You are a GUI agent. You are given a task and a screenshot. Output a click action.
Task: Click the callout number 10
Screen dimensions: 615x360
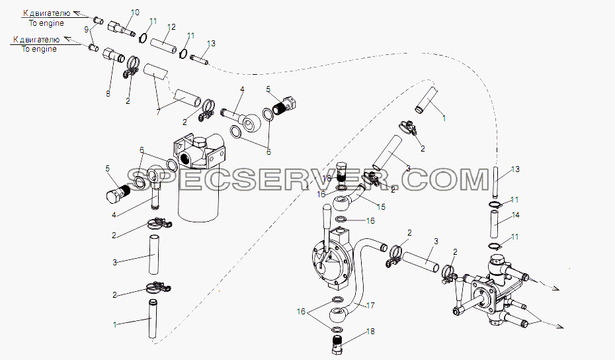134,13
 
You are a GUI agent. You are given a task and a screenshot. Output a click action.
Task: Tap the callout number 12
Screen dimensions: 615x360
171,27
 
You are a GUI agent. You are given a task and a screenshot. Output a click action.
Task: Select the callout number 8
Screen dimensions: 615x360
108,94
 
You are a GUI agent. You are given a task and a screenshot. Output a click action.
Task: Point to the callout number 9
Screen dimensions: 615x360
86,28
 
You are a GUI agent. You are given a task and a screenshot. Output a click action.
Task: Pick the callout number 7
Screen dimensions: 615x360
158,112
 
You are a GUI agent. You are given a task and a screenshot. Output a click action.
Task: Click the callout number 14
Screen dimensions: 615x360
515,215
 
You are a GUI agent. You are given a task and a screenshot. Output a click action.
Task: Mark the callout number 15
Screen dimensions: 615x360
381,207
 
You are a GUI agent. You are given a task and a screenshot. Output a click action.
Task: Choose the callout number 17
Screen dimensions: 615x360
370,306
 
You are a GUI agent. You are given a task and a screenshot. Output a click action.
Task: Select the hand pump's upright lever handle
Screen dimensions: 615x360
326,218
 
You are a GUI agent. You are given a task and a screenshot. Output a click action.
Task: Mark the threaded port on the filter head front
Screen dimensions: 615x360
184,160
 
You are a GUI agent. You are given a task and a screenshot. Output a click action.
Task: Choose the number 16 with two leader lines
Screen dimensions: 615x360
301,311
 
